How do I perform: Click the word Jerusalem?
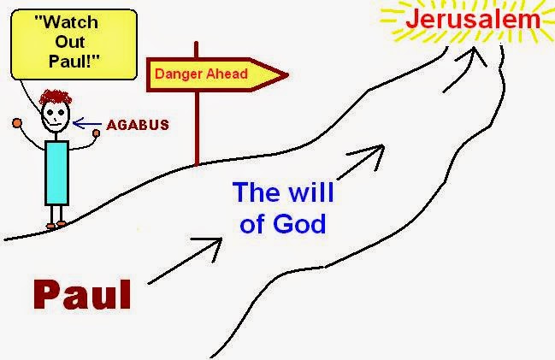473,20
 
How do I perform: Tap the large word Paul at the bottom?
82,294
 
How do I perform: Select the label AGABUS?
138,125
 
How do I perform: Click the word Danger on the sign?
179,74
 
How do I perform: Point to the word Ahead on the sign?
227,74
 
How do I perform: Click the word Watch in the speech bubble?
67,22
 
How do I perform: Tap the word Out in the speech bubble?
70,42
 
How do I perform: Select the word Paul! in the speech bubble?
74,61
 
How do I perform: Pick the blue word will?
311,192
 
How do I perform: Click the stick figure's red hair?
56,97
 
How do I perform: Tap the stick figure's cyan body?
56,173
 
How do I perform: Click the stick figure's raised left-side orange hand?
17,123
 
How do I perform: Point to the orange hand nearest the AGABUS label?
96,133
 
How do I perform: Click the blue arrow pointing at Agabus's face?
87,123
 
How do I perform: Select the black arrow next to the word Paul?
185,261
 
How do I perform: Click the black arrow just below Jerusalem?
464,70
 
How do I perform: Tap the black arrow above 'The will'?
361,162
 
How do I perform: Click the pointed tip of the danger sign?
288,74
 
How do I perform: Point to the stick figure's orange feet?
56,224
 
